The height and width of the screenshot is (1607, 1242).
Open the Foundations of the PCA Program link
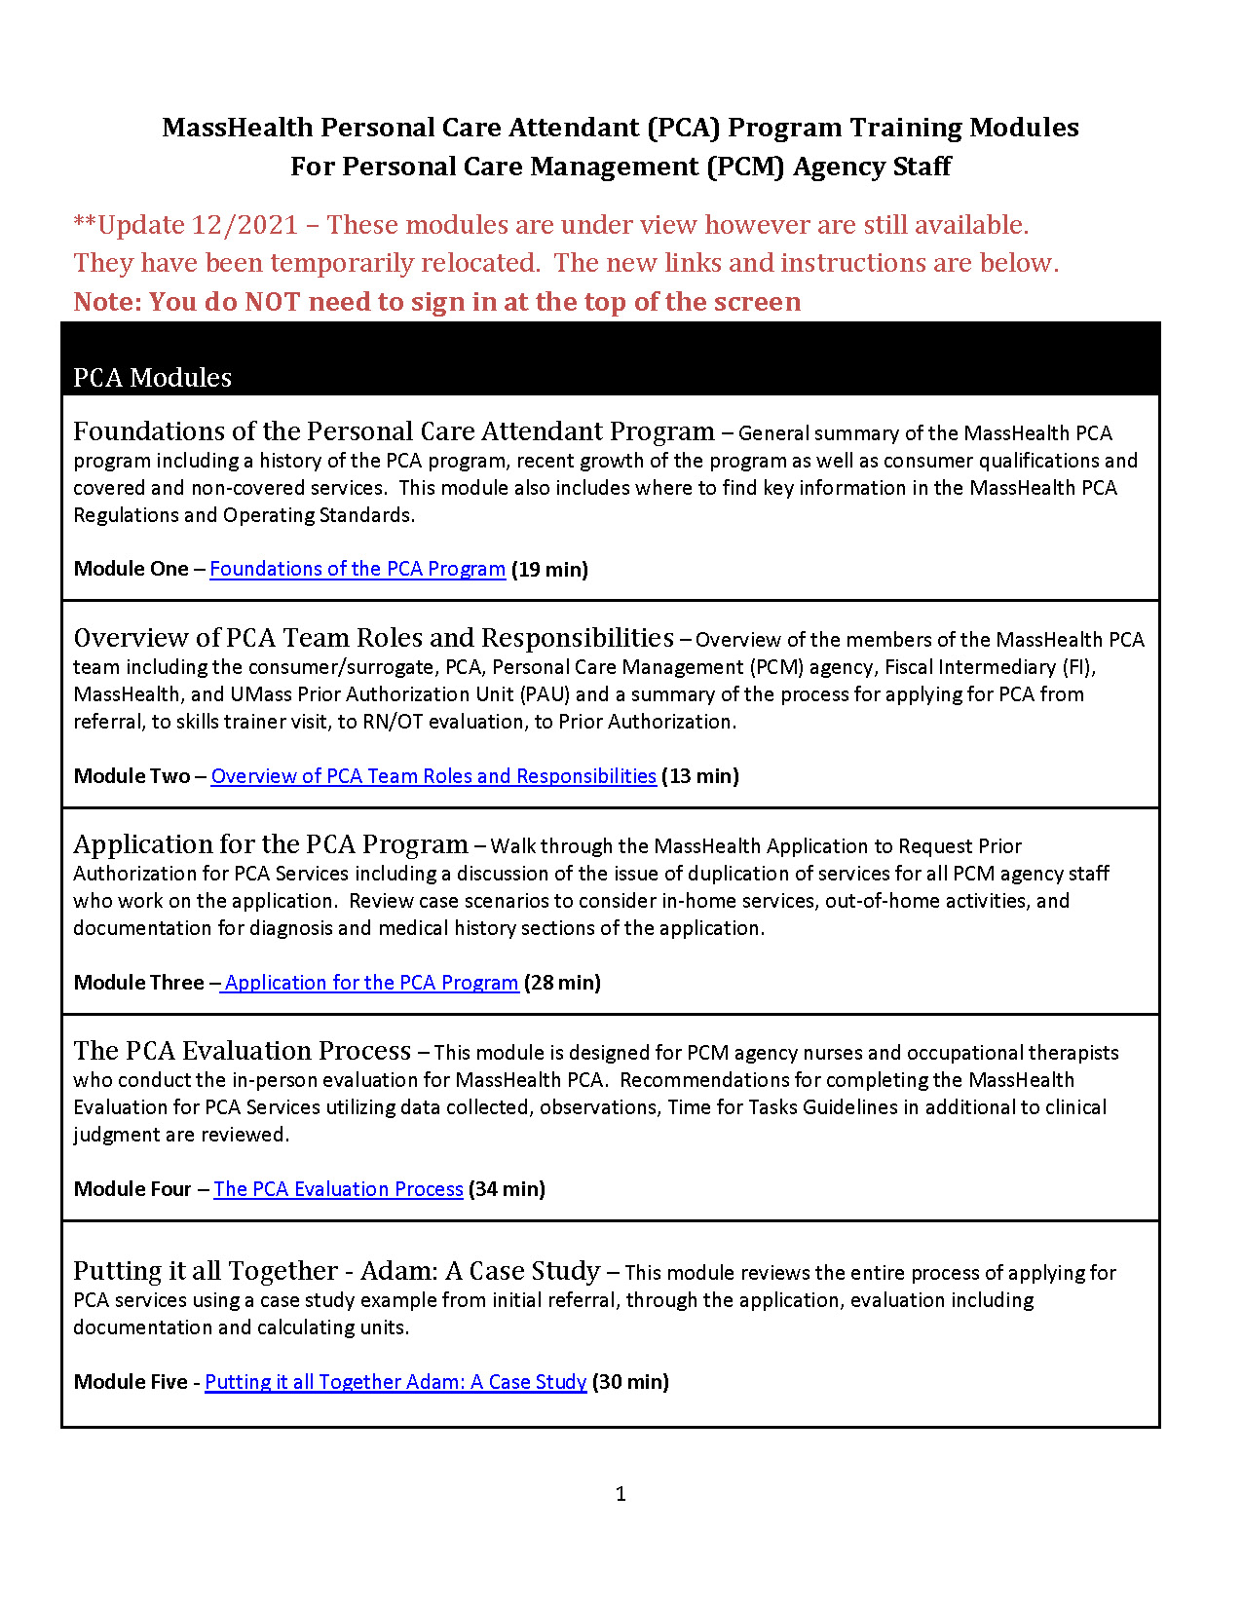tap(358, 569)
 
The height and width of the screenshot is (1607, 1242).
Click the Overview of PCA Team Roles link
tap(433, 776)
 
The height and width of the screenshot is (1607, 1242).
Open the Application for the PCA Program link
tap(371, 983)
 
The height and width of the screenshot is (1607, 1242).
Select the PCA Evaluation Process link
tap(338, 1189)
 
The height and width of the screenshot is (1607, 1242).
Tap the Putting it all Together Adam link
tap(395, 1382)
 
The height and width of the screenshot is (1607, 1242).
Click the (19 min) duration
tap(550, 569)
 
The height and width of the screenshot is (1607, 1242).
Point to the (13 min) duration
tap(700, 776)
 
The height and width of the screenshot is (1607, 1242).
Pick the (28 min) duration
tap(563, 983)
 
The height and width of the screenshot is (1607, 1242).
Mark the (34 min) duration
tap(508, 1189)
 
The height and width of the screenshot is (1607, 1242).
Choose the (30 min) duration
tap(631, 1382)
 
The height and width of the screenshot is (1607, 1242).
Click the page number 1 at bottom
tap(621, 1494)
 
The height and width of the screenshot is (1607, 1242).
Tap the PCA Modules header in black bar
tap(152, 378)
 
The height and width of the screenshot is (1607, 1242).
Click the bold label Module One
tap(131, 569)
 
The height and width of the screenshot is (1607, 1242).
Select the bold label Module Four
tap(132, 1189)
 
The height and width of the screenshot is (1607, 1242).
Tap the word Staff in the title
tap(922, 167)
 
